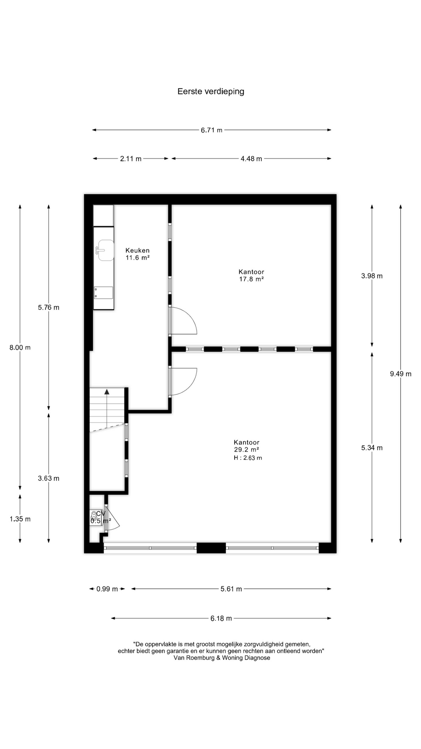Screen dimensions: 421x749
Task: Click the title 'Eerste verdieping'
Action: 211,92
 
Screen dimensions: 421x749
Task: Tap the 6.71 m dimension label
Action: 212,130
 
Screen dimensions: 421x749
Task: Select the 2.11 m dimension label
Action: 131,159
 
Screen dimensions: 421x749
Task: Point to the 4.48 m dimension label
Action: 251,159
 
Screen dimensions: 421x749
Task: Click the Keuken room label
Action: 137,250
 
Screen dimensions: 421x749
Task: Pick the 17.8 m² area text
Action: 251,279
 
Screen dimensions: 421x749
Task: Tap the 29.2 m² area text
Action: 246,449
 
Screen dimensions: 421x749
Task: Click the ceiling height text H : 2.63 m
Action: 248,458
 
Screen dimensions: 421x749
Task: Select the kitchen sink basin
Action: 105,250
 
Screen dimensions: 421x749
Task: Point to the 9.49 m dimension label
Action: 401,374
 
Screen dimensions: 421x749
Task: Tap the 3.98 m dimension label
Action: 372,276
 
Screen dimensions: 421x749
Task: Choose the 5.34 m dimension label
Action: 372,448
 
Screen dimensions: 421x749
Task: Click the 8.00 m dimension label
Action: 20,348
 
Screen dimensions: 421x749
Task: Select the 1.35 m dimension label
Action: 20,519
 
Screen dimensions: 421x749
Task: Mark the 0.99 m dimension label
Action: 107,589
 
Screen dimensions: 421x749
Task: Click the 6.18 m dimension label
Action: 221,618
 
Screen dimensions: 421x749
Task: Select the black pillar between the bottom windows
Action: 211,548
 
